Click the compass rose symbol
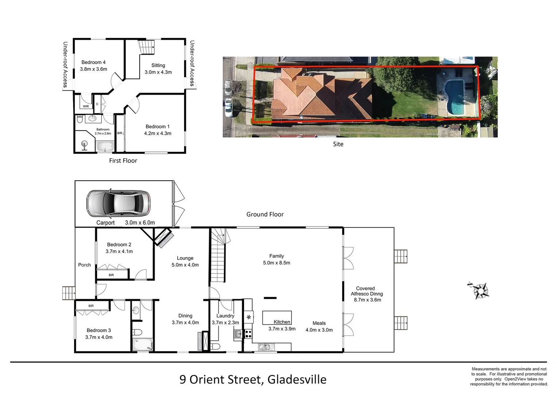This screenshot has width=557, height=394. point(480,290)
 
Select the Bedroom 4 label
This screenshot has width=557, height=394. point(93,62)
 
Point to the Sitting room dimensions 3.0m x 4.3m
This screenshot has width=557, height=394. point(158,72)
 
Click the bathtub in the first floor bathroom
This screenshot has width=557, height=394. point(105,147)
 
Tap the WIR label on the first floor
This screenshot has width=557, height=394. point(86,107)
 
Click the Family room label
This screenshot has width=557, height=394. point(276,256)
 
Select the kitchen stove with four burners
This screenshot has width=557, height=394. point(248,333)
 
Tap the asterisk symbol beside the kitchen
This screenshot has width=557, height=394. point(249,317)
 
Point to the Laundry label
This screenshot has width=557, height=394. point(225,316)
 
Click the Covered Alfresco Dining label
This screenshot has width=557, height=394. point(366,291)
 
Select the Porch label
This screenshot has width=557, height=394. point(84,265)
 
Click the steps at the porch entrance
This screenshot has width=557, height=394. point(68,293)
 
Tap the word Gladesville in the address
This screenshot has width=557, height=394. point(297,379)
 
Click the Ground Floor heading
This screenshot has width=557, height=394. point(265,215)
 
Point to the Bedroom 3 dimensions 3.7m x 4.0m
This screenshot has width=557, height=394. point(99,337)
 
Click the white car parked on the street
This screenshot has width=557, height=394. point(228,108)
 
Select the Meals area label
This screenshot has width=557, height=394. point(319,323)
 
